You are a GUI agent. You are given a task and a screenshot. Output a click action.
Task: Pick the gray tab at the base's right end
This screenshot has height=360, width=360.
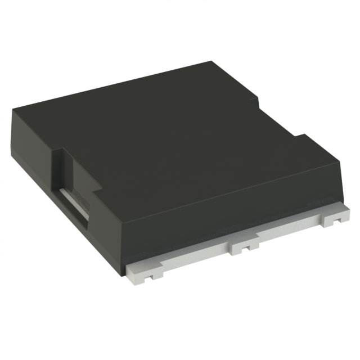coord(336,218)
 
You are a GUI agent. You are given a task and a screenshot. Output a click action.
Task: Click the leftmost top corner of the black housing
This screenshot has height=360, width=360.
coord(12,110)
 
